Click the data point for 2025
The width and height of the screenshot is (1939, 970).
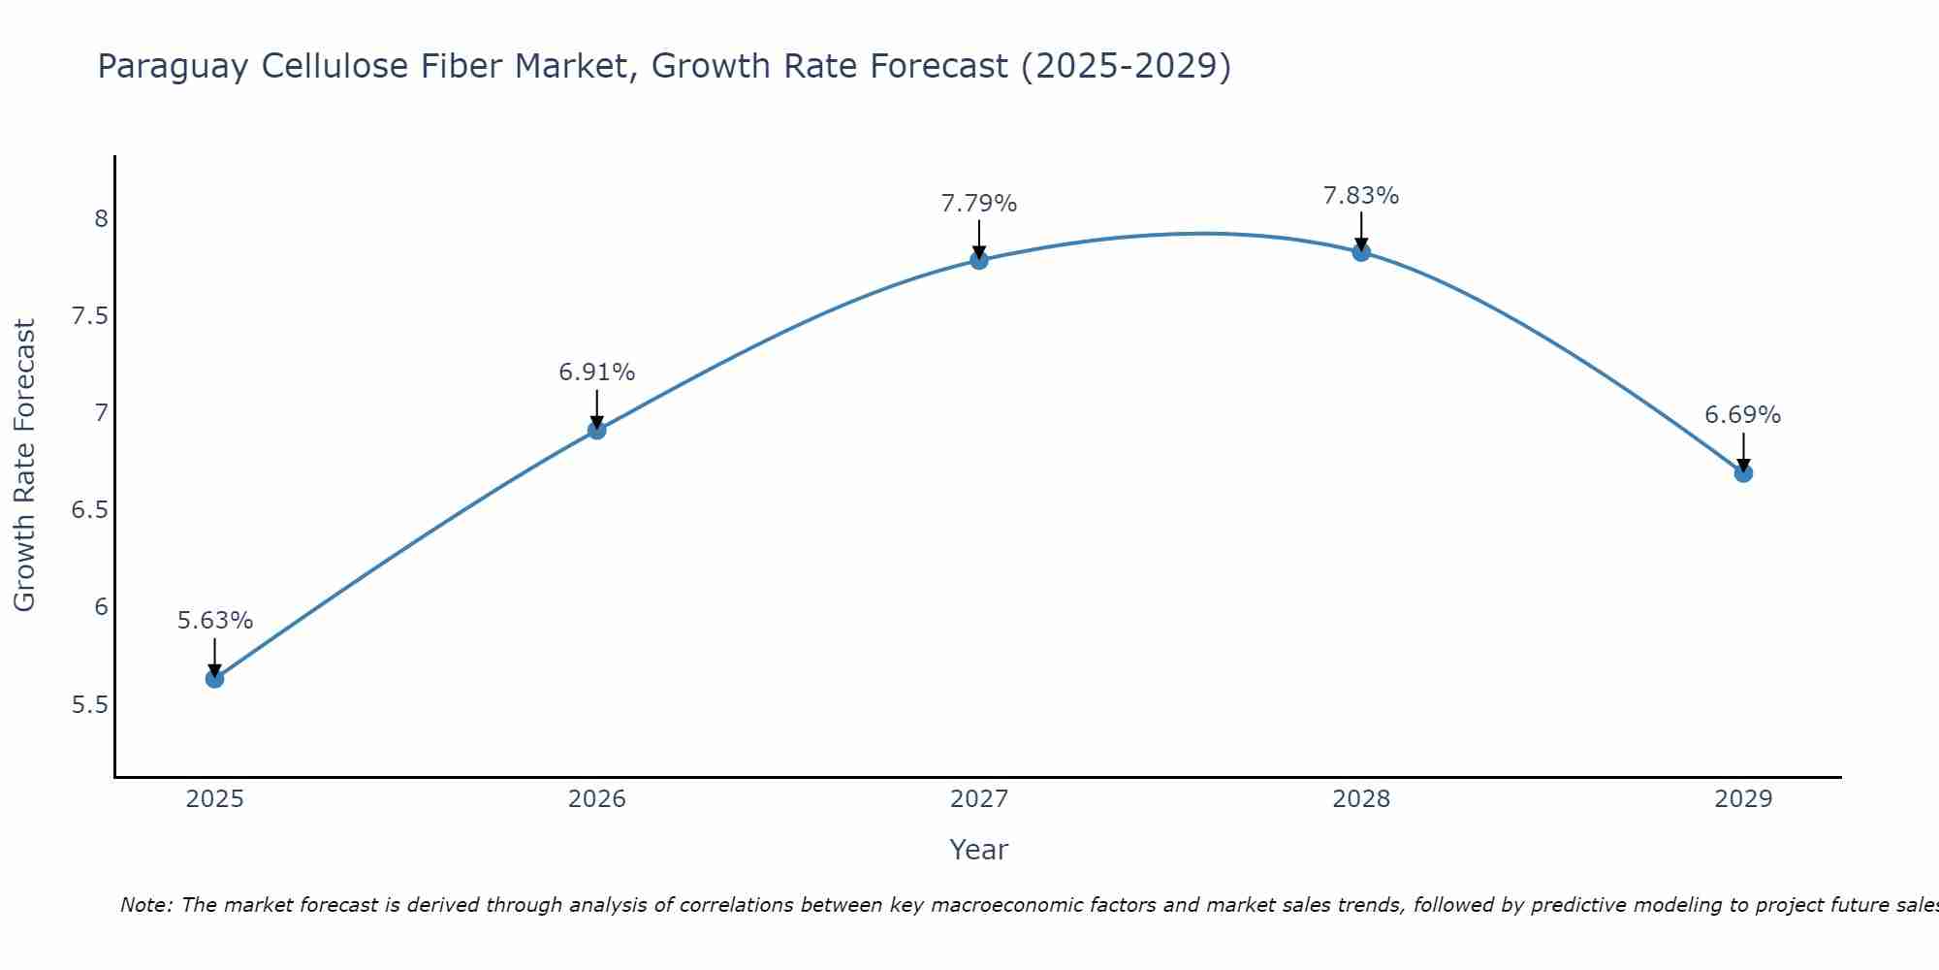pos(215,679)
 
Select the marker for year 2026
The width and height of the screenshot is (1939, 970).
pos(597,430)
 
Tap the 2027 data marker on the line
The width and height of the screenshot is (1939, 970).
pos(979,260)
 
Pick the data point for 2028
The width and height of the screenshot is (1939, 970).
pos(1361,252)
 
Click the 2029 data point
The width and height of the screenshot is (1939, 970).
pos(1743,473)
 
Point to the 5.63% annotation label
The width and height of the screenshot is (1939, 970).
pos(215,621)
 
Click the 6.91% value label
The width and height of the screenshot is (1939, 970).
pos(597,372)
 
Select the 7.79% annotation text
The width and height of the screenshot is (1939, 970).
pos(979,204)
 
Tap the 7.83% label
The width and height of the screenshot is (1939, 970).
pos(1361,196)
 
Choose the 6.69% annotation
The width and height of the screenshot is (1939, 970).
pos(1743,415)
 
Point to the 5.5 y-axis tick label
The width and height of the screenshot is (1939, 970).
pos(90,704)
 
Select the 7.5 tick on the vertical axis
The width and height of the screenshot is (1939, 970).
pos(90,316)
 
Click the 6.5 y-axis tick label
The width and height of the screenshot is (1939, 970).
pos(90,510)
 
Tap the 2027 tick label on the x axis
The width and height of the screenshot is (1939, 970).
pos(979,799)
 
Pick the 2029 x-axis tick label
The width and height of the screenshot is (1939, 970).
pos(1743,799)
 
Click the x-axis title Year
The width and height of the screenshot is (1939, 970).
pos(979,850)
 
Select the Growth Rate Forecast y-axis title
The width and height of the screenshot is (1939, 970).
pos(24,466)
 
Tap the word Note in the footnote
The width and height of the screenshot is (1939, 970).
pos(145,905)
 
